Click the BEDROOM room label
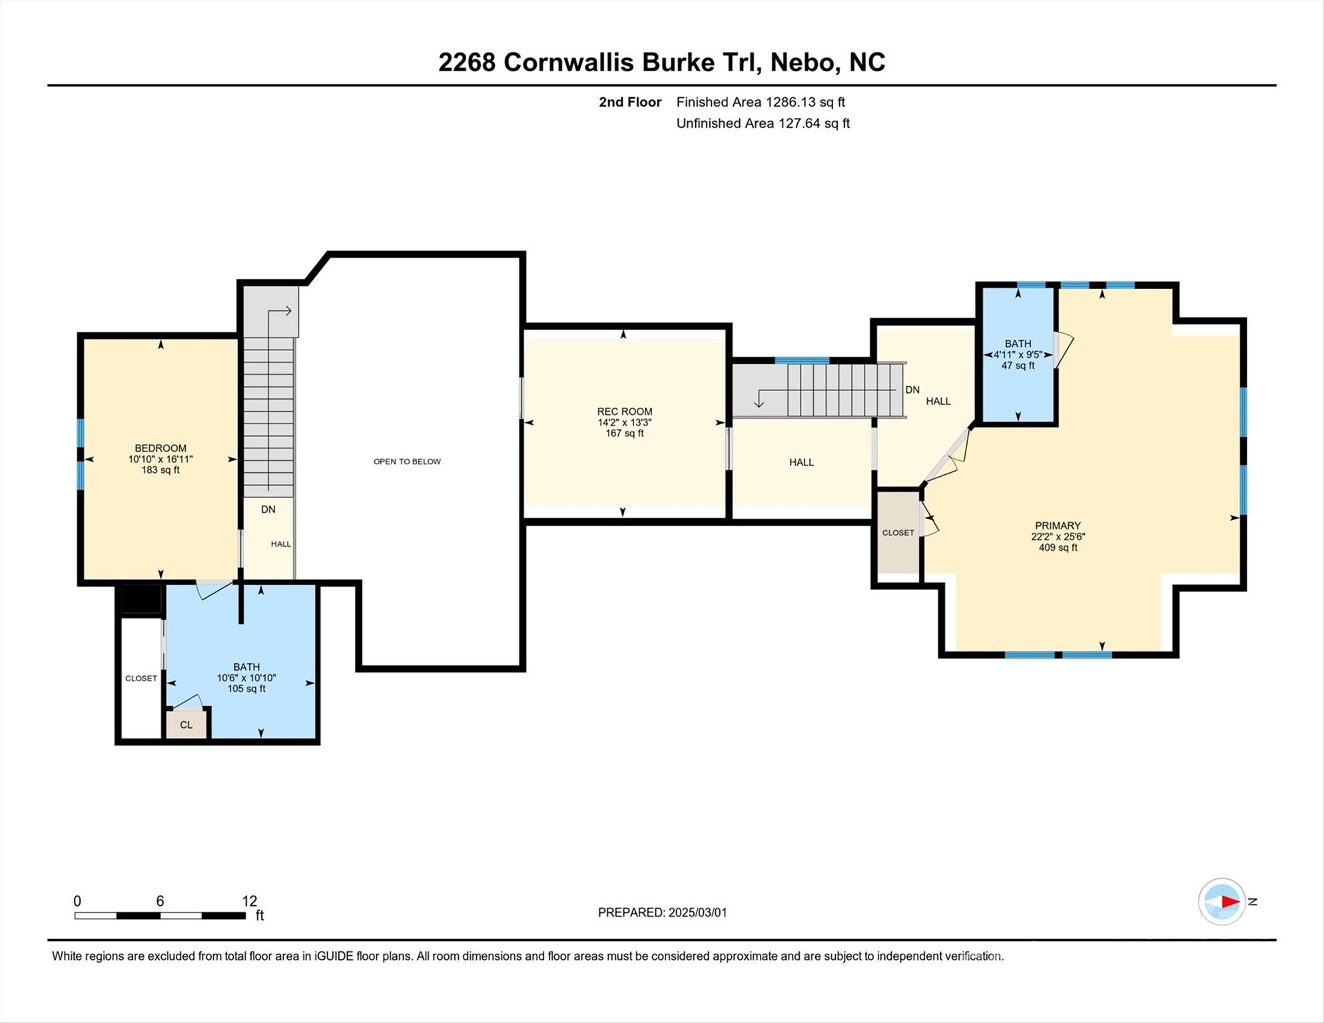tap(161, 448)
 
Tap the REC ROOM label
tap(624, 412)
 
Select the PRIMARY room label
tap(1058, 525)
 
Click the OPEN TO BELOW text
tap(407, 462)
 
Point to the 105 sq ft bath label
tap(246, 677)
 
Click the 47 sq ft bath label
tap(1018, 354)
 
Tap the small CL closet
tap(186, 725)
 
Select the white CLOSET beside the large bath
tap(141, 678)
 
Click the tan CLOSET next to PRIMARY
tap(898, 532)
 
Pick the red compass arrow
tap(1229, 902)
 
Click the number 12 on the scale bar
tap(249, 901)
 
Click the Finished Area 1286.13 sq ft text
tap(761, 102)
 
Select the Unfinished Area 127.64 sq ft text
tap(763, 123)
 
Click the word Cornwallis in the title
tap(568, 62)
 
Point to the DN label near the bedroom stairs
tap(268, 510)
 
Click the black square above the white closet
tap(141, 599)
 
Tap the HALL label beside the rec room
tap(801, 462)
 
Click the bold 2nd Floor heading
tap(629, 102)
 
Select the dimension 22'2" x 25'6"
tap(1058, 537)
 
